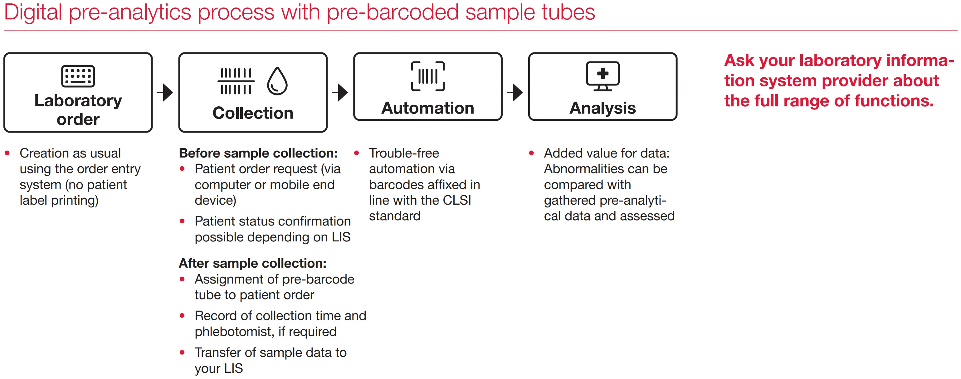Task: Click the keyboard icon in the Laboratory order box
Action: click(x=78, y=76)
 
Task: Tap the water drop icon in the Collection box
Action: click(x=277, y=81)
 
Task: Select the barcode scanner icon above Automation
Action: click(x=427, y=76)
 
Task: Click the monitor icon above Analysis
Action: click(x=602, y=76)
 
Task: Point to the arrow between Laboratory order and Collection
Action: click(x=165, y=93)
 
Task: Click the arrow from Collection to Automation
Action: click(x=340, y=93)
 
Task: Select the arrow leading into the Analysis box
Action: click(x=515, y=93)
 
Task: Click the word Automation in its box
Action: click(x=427, y=108)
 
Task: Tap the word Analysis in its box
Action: click(x=602, y=109)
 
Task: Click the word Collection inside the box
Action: click(x=253, y=113)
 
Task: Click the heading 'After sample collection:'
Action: click(x=252, y=263)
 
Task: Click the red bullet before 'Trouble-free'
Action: click(x=357, y=153)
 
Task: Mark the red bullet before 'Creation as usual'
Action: click(x=7, y=153)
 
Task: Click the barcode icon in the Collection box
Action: click(x=236, y=81)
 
